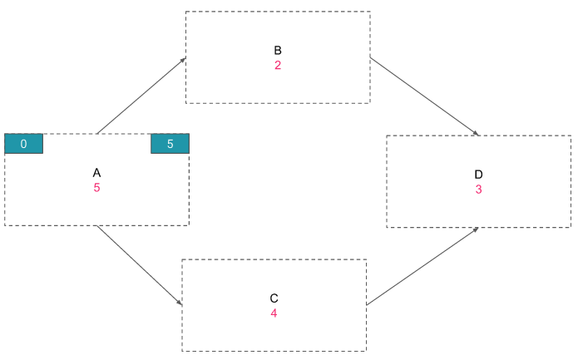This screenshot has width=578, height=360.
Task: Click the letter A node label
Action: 96,173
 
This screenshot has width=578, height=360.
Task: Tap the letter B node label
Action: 278,50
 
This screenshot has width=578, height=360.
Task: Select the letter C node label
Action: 274,298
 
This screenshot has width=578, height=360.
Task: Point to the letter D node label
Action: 478,175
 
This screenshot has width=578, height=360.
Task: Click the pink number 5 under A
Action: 96,188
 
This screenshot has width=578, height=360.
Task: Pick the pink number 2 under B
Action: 278,65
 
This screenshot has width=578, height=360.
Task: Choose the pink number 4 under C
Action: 274,313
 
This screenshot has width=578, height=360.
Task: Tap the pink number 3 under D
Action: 478,189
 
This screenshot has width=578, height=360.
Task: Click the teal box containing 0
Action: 23,144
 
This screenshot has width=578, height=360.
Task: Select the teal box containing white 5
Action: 170,144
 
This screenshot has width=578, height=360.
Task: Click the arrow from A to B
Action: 141,96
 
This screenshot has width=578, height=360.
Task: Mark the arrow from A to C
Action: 140,266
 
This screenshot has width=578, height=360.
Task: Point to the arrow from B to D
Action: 424,96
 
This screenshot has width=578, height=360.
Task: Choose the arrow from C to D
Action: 422,266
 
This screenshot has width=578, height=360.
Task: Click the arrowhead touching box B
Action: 183,60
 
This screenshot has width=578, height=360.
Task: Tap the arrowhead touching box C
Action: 180,303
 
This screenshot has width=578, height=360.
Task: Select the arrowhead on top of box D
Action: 476,133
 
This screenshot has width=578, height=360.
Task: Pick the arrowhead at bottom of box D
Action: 476,229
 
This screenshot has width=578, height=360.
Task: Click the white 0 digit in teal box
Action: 23,144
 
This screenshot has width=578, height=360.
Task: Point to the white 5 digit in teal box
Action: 170,144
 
